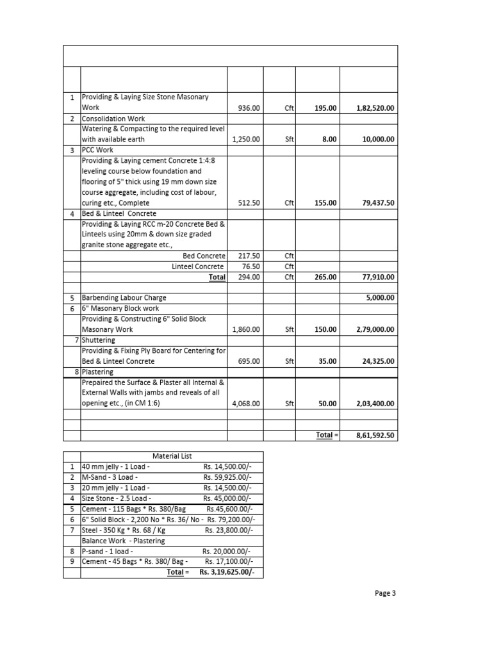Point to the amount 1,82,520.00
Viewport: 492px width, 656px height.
point(375,108)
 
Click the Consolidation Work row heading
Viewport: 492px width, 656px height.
point(113,119)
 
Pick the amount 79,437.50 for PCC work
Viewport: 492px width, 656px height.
point(377,203)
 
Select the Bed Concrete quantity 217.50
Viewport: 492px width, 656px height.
point(249,256)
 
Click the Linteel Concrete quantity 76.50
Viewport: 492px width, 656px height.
point(250,266)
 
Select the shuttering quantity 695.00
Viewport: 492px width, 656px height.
point(249,361)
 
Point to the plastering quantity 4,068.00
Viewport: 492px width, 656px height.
point(246,404)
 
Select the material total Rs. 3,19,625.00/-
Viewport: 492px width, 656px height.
point(222,572)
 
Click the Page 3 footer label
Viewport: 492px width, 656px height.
point(386,593)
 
